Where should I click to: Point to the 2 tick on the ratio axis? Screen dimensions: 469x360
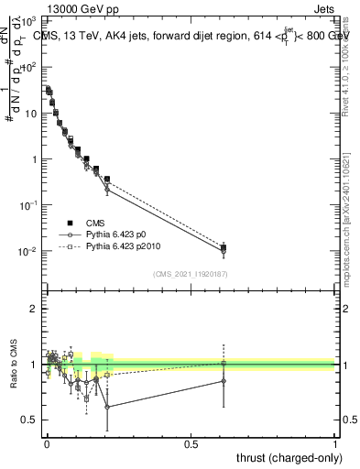34,309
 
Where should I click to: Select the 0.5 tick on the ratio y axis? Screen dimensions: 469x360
30,420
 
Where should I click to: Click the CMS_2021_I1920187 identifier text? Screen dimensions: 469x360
191,275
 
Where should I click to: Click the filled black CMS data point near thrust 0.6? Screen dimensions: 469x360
224,247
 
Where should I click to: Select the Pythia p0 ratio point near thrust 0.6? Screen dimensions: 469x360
224,381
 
